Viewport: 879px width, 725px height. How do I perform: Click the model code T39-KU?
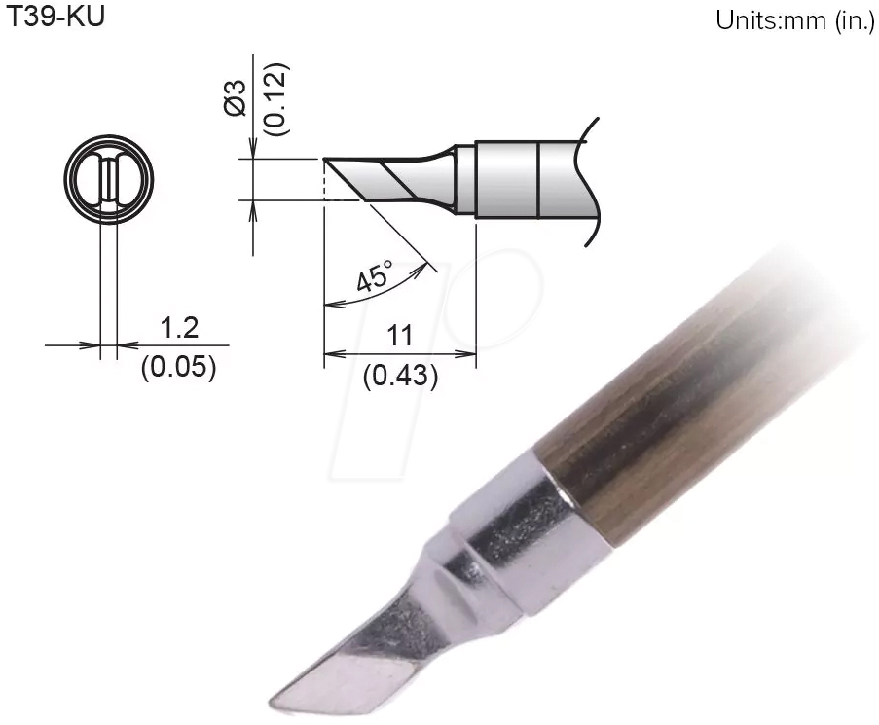click(x=55, y=18)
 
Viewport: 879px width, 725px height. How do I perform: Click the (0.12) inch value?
click(x=275, y=98)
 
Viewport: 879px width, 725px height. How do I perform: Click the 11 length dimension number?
click(x=399, y=336)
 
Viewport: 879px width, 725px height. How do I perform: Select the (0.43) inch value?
click(x=399, y=376)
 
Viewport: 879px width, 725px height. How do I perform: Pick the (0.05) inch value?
click(x=178, y=369)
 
